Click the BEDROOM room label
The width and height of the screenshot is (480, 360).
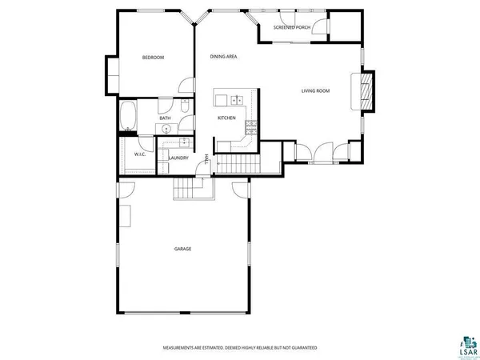[x=153, y=58]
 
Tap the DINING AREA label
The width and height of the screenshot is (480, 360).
[x=223, y=57]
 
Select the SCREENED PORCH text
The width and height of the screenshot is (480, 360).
[x=292, y=27]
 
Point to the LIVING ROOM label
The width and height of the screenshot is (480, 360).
[x=315, y=90]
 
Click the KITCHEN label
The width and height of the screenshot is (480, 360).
[x=226, y=118]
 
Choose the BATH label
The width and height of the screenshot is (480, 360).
[x=165, y=118]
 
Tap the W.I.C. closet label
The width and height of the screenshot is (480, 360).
[x=138, y=154]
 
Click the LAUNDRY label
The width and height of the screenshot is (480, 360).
[x=178, y=158]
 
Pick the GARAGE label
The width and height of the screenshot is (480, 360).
[x=182, y=249]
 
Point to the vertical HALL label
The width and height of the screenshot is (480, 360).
[x=206, y=158]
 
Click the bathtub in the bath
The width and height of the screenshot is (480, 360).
[x=127, y=117]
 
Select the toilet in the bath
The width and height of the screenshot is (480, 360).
[x=183, y=106]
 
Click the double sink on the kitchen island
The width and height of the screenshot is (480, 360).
[x=236, y=100]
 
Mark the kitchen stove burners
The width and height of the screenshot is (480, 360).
[x=251, y=125]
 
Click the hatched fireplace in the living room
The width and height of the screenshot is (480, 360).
[x=366, y=90]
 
